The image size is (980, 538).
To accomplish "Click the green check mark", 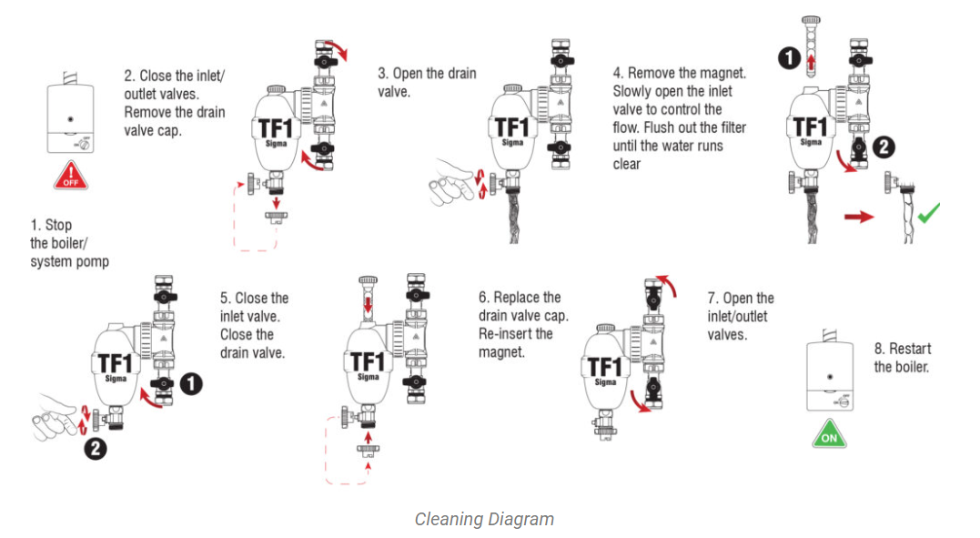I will [x=928, y=214].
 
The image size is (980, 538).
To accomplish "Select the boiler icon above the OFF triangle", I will [x=70, y=117].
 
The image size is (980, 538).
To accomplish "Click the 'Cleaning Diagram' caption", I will [x=484, y=519].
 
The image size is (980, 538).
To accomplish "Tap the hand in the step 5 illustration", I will [x=56, y=424].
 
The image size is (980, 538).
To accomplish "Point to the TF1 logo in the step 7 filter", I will [x=604, y=367].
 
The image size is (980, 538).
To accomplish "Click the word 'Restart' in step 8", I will [x=910, y=349].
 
